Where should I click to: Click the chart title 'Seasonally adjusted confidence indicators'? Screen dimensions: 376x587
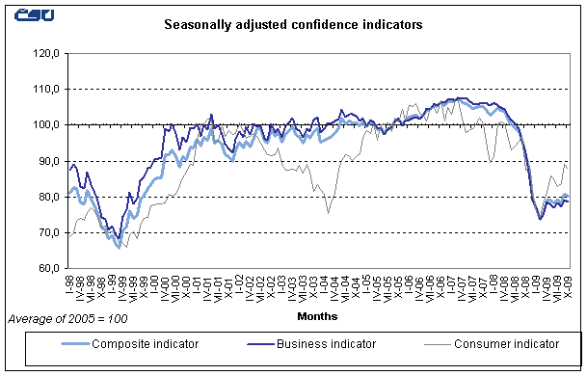[292, 26]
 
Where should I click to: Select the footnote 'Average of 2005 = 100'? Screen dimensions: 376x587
[67, 317]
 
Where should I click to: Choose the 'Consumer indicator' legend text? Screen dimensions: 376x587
[505, 342]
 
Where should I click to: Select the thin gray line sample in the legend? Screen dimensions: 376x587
[425, 343]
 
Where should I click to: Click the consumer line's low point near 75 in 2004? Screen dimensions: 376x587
[329, 213]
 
